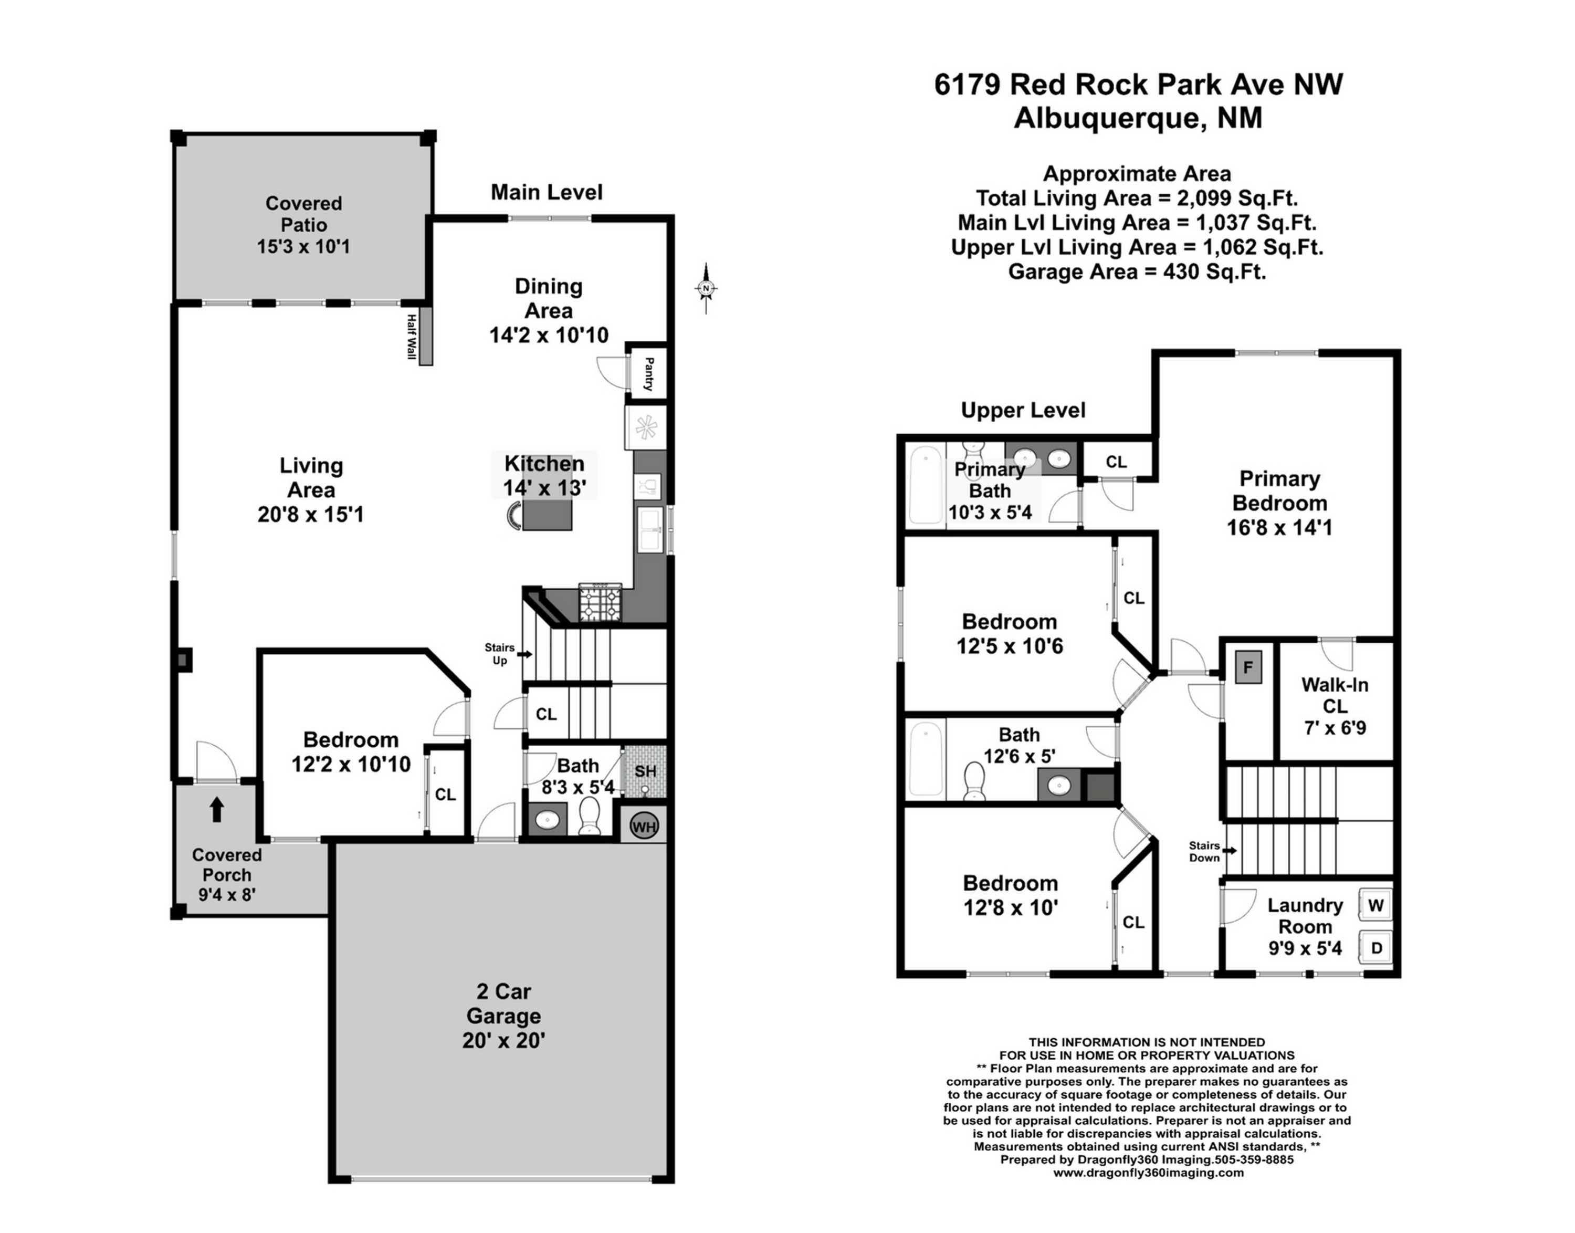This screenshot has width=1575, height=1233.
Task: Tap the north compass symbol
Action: click(706, 289)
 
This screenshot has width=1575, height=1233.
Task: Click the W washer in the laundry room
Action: click(1376, 905)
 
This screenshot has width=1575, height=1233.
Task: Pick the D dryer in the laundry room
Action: click(1376, 948)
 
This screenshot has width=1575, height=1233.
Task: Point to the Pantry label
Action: click(649, 374)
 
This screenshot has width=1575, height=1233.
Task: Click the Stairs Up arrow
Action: click(525, 654)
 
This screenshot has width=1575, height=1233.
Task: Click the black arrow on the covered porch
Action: click(216, 809)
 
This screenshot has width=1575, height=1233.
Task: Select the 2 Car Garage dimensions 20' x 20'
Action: click(503, 1040)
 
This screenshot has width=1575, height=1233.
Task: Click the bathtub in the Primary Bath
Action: click(926, 484)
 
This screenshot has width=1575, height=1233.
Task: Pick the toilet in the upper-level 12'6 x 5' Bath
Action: click(974, 782)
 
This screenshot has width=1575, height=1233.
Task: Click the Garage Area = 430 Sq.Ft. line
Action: click(1136, 272)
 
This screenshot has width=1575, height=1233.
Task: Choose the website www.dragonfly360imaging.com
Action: click(1148, 1173)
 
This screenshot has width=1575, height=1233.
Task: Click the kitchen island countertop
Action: click(547, 513)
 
